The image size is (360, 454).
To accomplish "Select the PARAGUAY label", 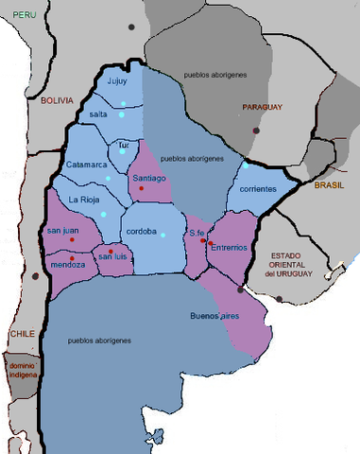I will click(262, 107).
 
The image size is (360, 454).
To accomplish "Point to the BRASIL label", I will click(331, 185).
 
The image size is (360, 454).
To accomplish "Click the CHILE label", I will click(23, 334).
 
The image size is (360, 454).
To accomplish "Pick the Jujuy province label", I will click(117, 81).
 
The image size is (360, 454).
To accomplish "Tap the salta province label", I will click(98, 113).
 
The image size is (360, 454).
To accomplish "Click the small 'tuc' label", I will click(123, 146).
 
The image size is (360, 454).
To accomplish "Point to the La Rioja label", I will click(85, 200).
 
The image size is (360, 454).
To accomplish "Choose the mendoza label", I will click(66, 265).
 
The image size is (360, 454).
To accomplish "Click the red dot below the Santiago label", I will click(141, 189).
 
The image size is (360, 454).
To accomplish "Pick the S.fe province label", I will click(197, 234).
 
